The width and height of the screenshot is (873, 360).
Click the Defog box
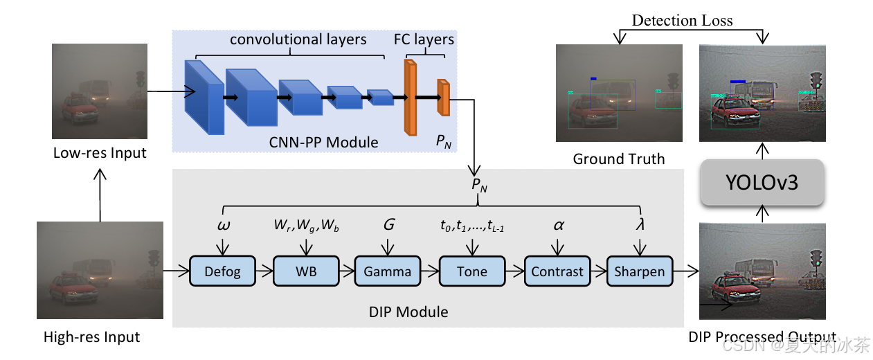coord(222,271)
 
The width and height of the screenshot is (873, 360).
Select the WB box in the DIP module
coord(305,271)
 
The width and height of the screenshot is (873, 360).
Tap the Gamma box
coord(388,271)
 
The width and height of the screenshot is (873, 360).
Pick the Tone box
coord(472,271)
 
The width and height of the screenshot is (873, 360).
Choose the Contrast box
coord(557,271)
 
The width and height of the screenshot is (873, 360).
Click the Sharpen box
coord(639,271)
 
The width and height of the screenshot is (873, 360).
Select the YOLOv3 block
coord(762,183)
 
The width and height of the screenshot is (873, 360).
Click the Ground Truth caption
coord(618,159)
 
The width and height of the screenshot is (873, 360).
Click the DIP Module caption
coord(408,312)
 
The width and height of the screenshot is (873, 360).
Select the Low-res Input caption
coord(100,152)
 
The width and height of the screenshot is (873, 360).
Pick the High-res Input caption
coord(91,337)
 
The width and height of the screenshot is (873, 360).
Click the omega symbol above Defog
coord(224,225)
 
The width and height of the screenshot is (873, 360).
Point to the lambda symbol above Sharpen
coord(640,225)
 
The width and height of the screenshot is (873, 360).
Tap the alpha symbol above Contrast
coord(557,225)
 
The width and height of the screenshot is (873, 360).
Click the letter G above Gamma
coord(388,225)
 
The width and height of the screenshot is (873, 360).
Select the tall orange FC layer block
coord(411,97)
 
